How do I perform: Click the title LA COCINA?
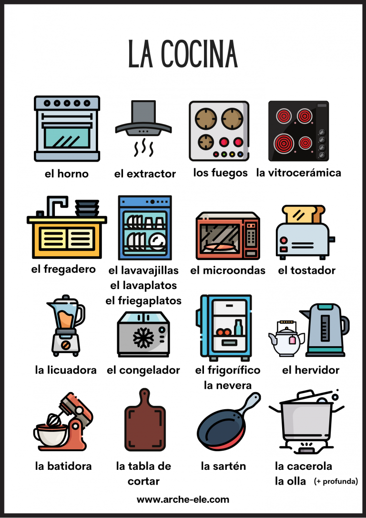[x=183, y=54]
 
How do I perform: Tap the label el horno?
[x=67, y=174]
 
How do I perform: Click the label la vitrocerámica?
[x=299, y=173]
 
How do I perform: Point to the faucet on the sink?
[x=57, y=205]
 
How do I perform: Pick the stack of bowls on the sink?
[x=87, y=208]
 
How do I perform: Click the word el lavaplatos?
[x=143, y=285]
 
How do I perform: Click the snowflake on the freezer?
[x=143, y=337]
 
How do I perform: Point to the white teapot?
[x=286, y=340]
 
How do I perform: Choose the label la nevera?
[x=228, y=385]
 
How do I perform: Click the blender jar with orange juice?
[x=66, y=314]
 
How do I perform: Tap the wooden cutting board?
[x=144, y=420]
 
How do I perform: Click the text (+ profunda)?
[x=336, y=481]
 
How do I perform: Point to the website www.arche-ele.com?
[x=183, y=499]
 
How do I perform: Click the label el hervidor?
[x=311, y=370]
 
